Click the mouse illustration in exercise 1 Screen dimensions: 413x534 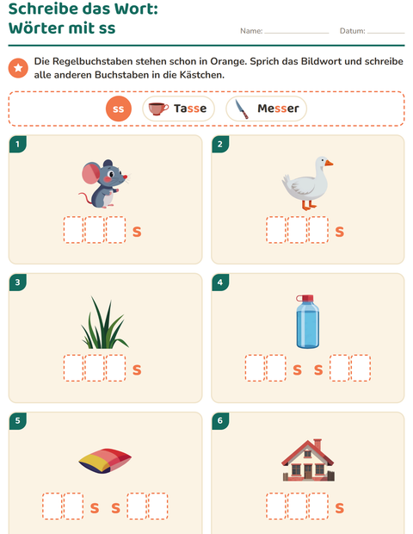pyautogui.click(x=104, y=184)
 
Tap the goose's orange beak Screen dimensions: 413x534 pyautogui.click(x=329, y=163)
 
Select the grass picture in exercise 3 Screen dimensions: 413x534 pyautogui.click(x=104, y=322)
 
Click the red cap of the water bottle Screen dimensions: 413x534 pyautogui.click(x=306, y=299)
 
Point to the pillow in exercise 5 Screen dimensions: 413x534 pyautogui.click(x=105, y=461)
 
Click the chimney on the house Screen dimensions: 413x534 pyautogui.click(x=317, y=444)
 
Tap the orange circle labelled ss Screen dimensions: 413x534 pyautogui.click(x=119, y=109)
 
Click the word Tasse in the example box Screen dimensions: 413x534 pyautogui.click(x=190, y=109)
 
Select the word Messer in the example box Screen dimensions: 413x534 pyautogui.click(x=278, y=109)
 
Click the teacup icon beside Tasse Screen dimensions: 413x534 pyautogui.click(x=158, y=109)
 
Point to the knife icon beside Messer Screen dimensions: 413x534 pyautogui.click(x=242, y=109)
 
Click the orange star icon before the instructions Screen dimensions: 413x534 pyautogui.click(x=18, y=68)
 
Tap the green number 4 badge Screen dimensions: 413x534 pyautogui.click(x=220, y=283)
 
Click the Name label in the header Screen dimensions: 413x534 pyautogui.click(x=251, y=31)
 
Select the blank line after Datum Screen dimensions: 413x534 pyautogui.click(x=385, y=33)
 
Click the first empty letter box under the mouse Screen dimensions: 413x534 pyautogui.click(x=73, y=230)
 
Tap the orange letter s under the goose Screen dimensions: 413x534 pyautogui.click(x=340, y=232)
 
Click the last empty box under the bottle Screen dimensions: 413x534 pyautogui.click(x=361, y=368)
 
